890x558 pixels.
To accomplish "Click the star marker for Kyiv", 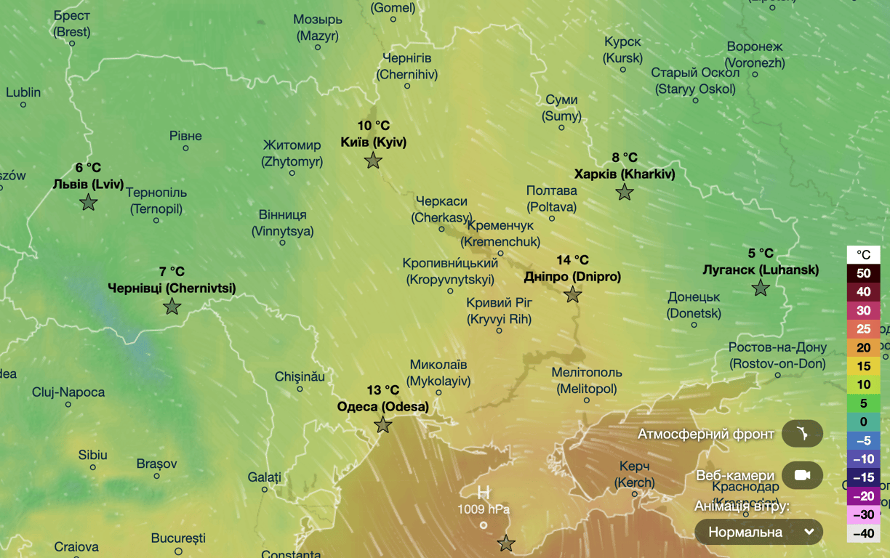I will point(373,161).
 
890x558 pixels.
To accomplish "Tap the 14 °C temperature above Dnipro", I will point(572,260).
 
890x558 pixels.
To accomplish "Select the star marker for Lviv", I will point(89,203).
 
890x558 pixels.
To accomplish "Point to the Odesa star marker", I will point(383,425).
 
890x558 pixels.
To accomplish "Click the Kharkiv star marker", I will point(625,193).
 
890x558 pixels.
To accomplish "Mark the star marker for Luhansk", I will point(761,288).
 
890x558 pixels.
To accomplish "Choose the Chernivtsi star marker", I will point(172,307).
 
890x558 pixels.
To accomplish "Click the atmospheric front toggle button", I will point(802,434).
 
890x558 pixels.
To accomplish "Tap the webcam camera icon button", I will point(802,475).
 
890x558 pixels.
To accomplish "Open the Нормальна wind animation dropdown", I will point(758,532).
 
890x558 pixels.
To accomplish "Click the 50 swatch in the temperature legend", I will point(863,273).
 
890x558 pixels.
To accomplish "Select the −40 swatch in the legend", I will point(863,533).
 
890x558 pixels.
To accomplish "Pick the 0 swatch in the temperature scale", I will point(863,421).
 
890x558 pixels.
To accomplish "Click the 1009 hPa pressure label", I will point(483,509).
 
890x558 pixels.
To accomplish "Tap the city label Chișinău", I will point(300,376).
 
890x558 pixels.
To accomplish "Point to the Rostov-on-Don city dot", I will point(777,376).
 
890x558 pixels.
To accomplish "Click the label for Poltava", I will point(552,198).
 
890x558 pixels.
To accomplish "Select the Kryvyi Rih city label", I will point(499,311).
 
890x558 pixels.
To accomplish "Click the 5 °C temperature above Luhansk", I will point(761,254).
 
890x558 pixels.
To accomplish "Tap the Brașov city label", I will point(156,464).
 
